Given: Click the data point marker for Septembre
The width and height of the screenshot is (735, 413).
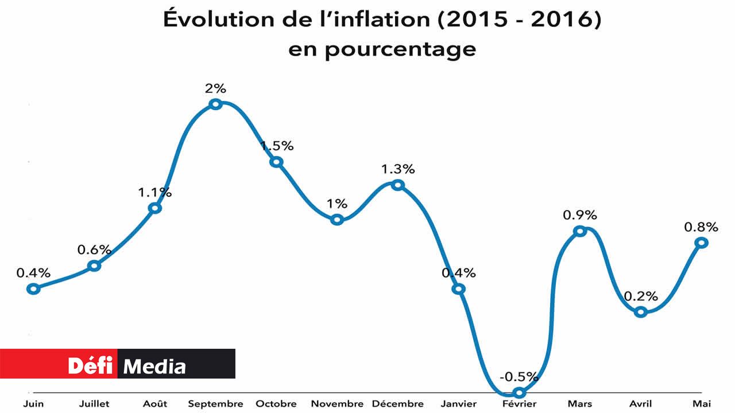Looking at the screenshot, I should [215, 104].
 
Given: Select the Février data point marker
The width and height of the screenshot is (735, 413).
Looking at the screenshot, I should [519, 393].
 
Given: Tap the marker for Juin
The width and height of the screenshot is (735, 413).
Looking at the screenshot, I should [34, 289].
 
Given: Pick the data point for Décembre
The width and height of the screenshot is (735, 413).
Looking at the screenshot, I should [397, 185].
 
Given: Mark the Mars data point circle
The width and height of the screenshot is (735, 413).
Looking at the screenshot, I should [580, 231].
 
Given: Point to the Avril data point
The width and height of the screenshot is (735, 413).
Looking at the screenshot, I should [641, 312].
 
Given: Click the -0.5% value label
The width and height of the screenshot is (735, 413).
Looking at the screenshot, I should [519, 377].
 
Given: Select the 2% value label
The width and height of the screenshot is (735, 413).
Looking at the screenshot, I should [215, 88].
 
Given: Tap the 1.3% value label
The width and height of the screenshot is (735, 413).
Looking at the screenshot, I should [397, 169].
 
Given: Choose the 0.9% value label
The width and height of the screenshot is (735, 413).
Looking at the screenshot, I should [580, 215].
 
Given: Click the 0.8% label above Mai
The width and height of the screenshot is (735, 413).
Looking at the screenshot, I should [701, 227].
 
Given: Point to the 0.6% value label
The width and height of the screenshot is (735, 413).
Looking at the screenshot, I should [94, 250].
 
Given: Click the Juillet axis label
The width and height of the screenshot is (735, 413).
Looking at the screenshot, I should [95, 404].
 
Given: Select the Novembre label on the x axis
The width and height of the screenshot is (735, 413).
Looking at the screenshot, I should [337, 404].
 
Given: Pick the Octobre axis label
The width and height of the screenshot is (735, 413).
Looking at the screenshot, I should [276, 404].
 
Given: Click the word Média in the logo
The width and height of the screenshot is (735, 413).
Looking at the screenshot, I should [155, 366].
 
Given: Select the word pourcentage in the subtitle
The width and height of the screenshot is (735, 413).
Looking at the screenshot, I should [400, 49].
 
